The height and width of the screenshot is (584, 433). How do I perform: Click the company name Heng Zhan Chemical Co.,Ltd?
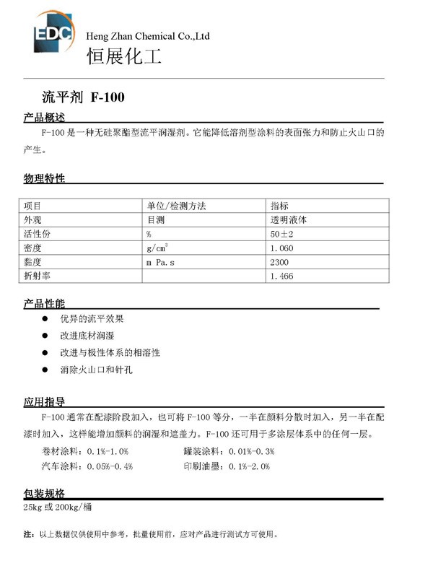pos(148,35)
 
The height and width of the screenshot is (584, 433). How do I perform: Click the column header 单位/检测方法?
pos(177,206)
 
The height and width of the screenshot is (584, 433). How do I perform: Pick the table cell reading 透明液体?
pos(289,219)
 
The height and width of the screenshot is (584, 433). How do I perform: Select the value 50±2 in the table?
pos(282,234)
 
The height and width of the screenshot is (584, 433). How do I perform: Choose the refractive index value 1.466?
pos(281,276)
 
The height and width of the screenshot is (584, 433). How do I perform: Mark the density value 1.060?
pos(281,248)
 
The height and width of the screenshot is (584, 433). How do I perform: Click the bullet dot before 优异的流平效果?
pos(45,318)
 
